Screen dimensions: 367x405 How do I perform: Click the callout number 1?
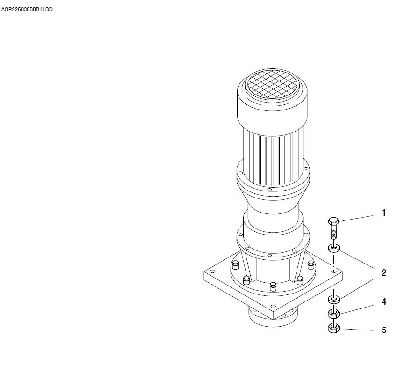pyautogui.click(x=384, y=213)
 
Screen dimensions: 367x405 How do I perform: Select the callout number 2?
pyautogui.click(x=384, y=272)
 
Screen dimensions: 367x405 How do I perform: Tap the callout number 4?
pyautogui.click(x=384, y=302)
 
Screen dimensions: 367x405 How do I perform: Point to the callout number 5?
pyautogui.click(x=384, y=330)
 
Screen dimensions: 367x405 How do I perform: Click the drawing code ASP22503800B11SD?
pyautogui.click(x=27, y=9)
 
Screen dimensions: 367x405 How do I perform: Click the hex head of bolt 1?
pyautogui.click(x=333, y=221)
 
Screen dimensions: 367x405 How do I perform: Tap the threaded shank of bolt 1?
pyautogui.click(x=333, y=233)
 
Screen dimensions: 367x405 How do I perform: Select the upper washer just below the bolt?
pyautogui.click(x=333, y=248)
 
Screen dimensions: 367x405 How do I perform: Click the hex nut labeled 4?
pyautogui.click(x=333, y=313)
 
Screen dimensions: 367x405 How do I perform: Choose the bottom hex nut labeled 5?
pyautogui.click(x=333, y=329)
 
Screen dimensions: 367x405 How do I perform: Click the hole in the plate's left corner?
pyautogui.click(x=212, y=271)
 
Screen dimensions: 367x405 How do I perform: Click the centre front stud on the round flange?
pyautogui.click(x=273, y=286)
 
